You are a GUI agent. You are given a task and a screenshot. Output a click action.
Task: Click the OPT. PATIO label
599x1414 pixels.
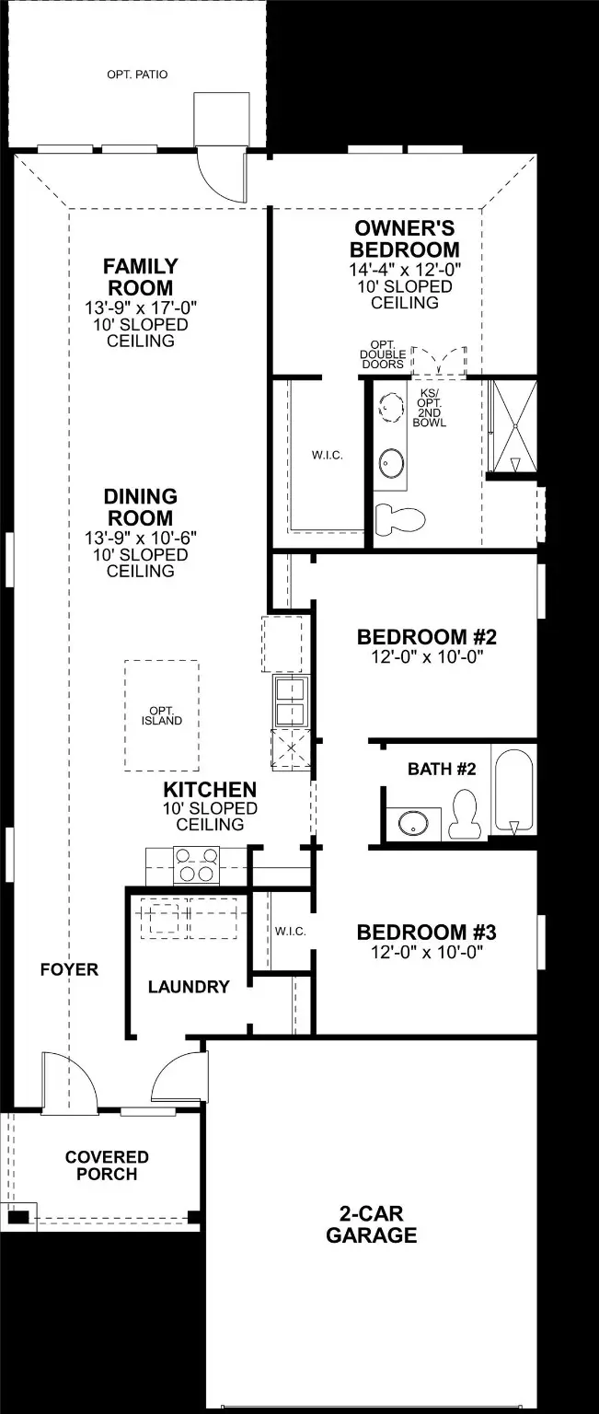pos(138,75)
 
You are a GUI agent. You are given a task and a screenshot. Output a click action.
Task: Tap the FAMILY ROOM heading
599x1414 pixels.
pos(141,276)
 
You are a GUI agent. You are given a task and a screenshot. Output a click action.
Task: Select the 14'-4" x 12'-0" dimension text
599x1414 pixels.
pos(405,270)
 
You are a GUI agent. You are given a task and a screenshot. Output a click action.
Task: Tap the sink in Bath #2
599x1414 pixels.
pos(413,823)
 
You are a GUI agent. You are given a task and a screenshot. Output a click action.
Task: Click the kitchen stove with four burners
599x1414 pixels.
pos(197,864)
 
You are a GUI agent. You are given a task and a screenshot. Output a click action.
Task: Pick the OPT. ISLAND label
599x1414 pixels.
pos(162,716)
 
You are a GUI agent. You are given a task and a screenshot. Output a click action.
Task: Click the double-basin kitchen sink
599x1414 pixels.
pos(291,700)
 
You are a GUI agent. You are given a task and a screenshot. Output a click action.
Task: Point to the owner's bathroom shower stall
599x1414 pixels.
pos(514,425)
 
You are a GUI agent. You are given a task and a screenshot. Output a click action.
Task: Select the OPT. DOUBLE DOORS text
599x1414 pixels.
pos(383,354)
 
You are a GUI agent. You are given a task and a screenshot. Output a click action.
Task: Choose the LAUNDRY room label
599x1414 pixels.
pos(189,987)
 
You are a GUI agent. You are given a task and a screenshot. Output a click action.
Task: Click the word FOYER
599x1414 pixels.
pos(69,969)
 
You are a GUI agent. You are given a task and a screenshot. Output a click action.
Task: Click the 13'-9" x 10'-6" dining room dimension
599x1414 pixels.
pos(141,538)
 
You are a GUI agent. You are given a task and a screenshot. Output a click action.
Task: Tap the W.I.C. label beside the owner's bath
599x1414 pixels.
pos(328,455)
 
